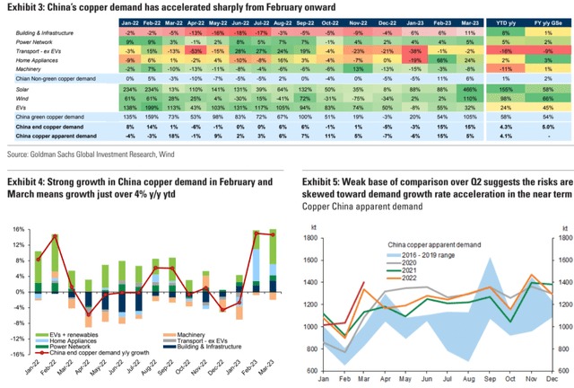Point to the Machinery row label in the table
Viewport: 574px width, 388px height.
coord(22,66)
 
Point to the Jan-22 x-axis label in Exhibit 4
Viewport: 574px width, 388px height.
coord(39,369)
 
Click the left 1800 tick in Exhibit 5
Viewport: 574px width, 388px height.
coord(309,237)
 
